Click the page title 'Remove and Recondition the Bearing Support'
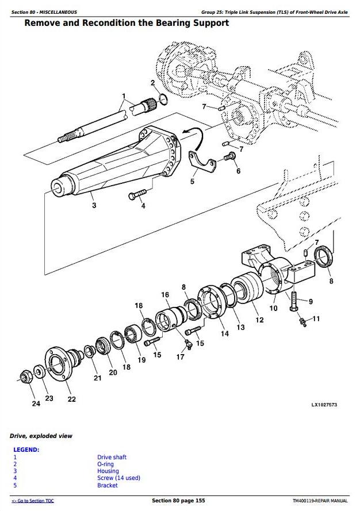pyautogui.click(x=127, y=23)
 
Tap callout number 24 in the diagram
pyautogui.click(x=36, y=404)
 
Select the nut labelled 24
pyautogui.click(x=25, y=378)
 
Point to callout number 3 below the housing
pyautogui.click(x=94, y=206)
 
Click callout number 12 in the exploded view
pyautogui.click(x=260, y=320)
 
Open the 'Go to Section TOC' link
pyautogui.click(x=33, y=501)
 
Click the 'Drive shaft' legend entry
pyautogui.click(x=112, y=458)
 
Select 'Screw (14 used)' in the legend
pyautogui.click(x=118, y=478)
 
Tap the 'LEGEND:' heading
pyautogui.click(x=26, y=449)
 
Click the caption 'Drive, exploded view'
pyautogui.click(x=41, y=436)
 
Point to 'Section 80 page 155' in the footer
pyautogui.click(x=178, y=501)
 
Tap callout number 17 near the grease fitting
pyautogui.click(x=180, y=357)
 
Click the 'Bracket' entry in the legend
pyautogui.click(x=108, y=485)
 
